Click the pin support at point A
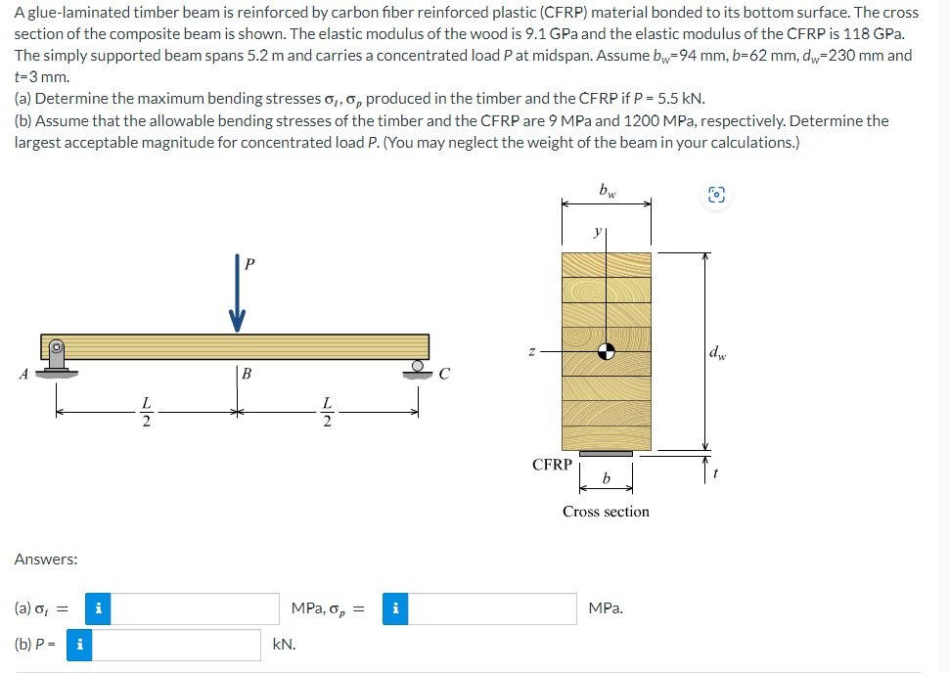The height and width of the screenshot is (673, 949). point(59,360)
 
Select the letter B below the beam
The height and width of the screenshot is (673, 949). point(248,373)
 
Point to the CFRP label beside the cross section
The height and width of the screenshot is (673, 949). point(552,465)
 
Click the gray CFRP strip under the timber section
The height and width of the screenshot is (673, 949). point(606,453)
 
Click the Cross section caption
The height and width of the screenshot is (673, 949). point(606,512)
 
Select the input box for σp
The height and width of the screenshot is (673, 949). point(496,608)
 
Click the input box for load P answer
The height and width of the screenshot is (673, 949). point(177,645)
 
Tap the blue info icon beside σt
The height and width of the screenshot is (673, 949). point(97,608)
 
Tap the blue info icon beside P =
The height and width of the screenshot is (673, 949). point(79,645)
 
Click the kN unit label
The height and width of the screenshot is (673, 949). point(284,645)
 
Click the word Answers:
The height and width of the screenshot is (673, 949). point(46,560)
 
